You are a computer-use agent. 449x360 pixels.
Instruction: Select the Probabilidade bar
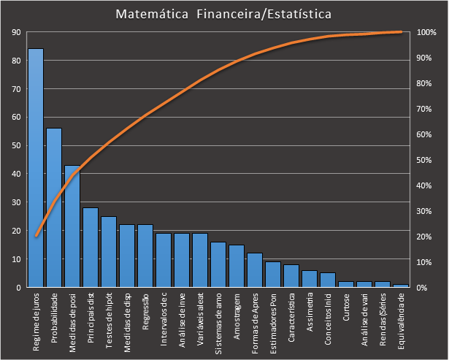coord(54,207)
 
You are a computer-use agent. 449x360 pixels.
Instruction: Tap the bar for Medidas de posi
coord(72,226)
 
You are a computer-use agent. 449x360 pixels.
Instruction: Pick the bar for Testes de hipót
coord(109,251)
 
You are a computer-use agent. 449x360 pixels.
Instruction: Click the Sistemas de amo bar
coord(218,264)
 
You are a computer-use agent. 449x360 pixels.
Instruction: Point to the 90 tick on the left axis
coord(16,32)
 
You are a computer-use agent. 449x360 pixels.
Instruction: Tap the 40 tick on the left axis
coord(16,174)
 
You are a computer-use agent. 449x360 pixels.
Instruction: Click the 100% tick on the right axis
coord(426,32)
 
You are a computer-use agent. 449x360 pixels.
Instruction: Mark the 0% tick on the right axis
coord(423,287)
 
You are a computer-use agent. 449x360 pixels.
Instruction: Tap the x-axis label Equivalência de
coord(401,320)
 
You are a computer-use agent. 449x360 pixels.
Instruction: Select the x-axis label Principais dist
coord(91,318)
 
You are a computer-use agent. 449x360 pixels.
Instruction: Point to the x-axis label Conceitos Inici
coord(328,318)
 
